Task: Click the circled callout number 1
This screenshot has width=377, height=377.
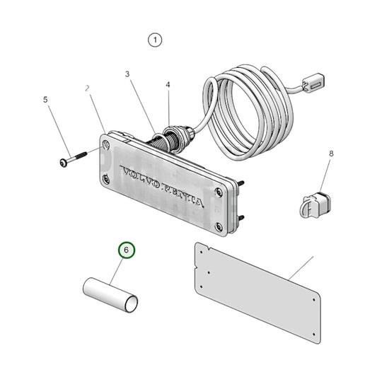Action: [155, 40]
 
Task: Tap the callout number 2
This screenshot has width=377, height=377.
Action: [88, 89]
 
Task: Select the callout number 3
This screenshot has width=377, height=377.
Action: [128, 74]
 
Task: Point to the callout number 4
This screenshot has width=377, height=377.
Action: [168, 85]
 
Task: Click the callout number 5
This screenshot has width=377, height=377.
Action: [47, 100]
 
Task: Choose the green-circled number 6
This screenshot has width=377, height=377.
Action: [126, 250]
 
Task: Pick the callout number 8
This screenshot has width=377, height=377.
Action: [331, 153]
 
